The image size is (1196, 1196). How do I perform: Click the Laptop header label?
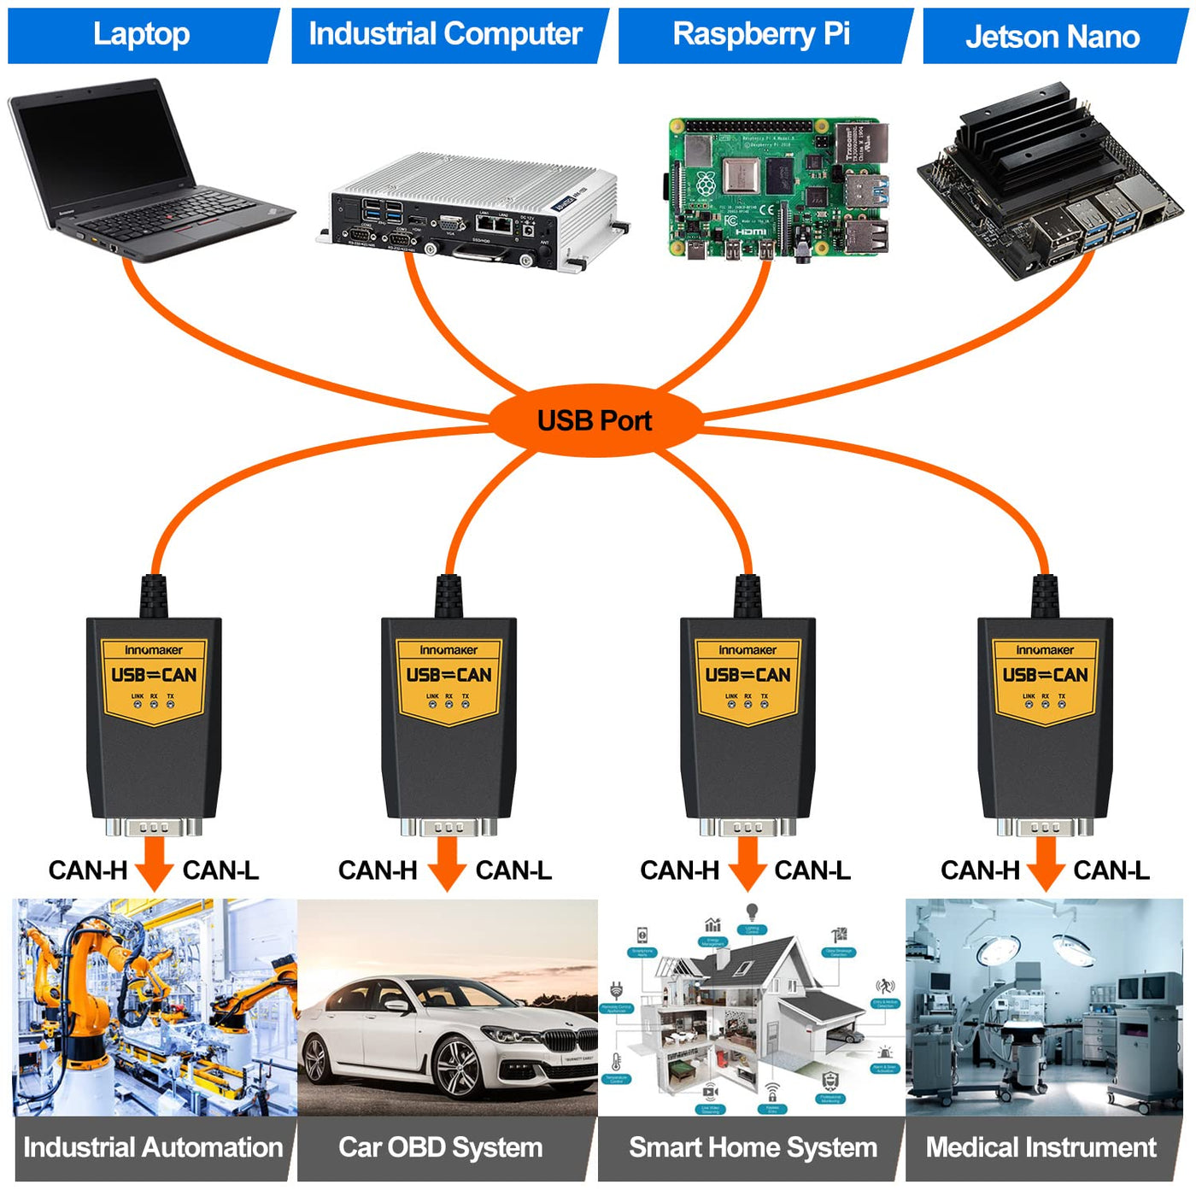tap(142, 35)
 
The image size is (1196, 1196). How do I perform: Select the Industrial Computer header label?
tap(445, 35)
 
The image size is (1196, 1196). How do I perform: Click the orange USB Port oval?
tap(595, 420)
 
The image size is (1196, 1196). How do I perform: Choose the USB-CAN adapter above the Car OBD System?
tap(448, 718)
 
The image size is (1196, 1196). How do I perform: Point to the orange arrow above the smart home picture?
tap(747, 863)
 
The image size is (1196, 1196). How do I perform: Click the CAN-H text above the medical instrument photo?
tap(980, 871)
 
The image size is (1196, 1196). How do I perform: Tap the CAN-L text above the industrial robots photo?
tap(220, 871)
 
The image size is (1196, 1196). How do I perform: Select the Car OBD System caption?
tap(441, 1147)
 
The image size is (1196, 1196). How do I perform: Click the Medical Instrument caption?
tap(1041, 1147)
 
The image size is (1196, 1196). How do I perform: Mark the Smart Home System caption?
tap(753, 1147)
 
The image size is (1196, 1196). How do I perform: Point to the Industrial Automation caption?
tap(153, 1147)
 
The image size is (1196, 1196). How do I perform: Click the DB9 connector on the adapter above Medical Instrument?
tap(1045, 826)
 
